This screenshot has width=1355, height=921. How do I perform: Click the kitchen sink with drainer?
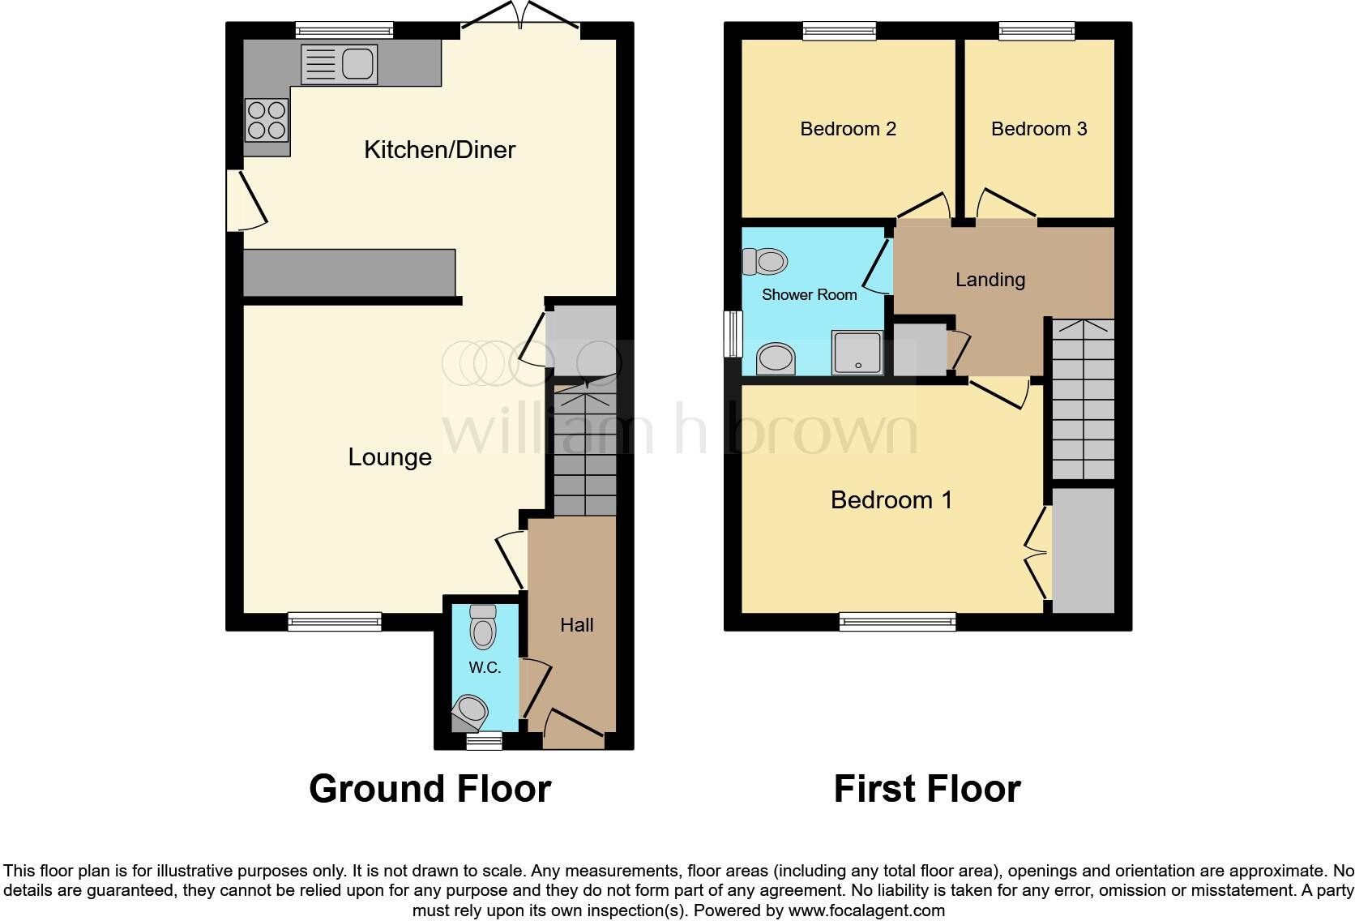(339, 65)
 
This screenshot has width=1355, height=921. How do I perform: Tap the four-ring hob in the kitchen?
(267, 120)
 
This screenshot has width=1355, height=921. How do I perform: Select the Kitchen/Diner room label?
(439, 150)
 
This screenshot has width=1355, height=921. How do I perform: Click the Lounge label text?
(390, 457)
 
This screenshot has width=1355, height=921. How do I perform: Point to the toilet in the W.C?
(483, 628)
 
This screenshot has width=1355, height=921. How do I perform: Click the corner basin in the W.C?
(472, 711)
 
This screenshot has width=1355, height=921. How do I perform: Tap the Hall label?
(577, 625)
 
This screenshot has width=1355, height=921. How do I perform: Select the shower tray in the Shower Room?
(857, 353)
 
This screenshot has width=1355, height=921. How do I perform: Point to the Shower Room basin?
(776, 358)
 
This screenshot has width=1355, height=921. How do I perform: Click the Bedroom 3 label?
(1039, 129)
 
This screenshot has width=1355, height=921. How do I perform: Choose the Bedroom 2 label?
(848, 129)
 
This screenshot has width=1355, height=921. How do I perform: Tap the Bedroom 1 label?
(891, 500)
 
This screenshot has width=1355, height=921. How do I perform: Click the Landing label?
(990, 280)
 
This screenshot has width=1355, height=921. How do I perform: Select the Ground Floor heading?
(430, 789)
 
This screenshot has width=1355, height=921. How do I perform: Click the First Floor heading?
(927, 789)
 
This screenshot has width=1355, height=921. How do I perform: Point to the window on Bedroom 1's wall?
(897, 622)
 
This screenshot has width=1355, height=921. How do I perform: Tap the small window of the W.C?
(485, 739)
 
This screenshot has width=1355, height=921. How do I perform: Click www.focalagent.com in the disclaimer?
(866, 910)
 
